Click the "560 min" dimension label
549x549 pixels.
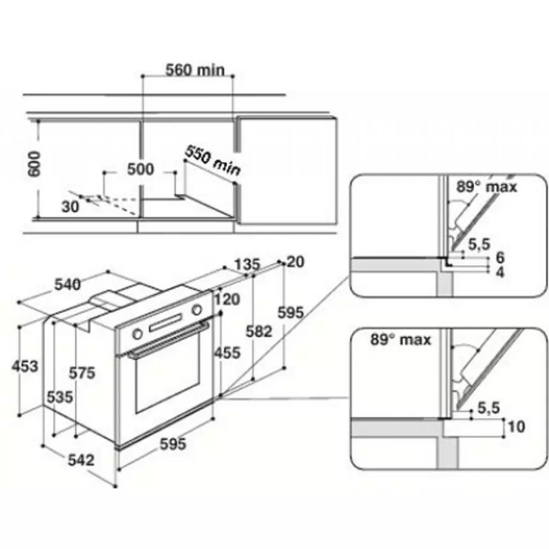pyautogui.click(x=195, y=70)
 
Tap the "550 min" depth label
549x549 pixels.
pyautogui.click(x=212, y=160)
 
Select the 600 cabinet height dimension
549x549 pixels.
pyautogui.click(x=33, y=164)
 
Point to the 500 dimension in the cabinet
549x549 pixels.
pyautogui.click(x=140, y=169)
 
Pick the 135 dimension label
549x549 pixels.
pyautogui.click(x=247, y=264)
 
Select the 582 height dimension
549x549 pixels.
pyautogui.click(x=259, y=332)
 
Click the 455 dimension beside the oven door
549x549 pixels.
pyautogui.click(x=227, y=352)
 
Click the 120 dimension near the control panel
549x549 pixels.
pyautogui.click(x=228, y=299)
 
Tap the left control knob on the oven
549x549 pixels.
pyautogui.click(x=137, y=333)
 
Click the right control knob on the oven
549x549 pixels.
pyautogui.click(x=197, y=310)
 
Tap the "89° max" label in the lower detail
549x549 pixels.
pyautogui.click(x=400, y=340)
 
